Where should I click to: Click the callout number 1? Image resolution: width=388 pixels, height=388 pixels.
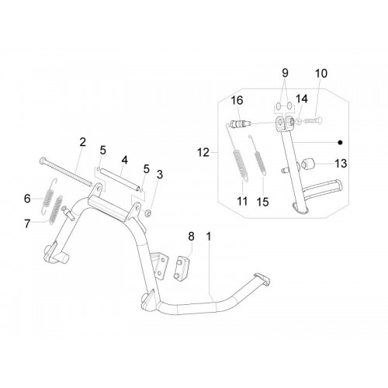click(209, 237)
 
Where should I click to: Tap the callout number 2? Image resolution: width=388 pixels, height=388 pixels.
click(82, 142)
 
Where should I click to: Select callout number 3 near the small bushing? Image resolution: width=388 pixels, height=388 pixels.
click(160, 175)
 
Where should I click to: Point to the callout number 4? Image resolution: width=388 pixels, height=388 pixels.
click(125, 160)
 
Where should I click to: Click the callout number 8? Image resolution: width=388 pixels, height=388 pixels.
click(191, 236)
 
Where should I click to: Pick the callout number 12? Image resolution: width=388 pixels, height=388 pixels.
click(203, 152)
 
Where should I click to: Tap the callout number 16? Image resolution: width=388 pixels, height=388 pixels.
click(237, 100)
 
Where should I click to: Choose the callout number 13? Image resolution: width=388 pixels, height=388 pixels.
click(341, 164)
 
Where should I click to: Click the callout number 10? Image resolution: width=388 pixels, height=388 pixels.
click(321, 74)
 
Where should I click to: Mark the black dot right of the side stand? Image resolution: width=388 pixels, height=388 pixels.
click(341, 142)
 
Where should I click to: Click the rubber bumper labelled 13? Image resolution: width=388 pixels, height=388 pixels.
click(307, 164)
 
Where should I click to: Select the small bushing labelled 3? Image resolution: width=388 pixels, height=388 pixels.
click(148, 214)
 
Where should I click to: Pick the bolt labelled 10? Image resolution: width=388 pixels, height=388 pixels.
click(314, 120)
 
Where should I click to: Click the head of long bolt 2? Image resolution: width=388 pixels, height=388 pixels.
click(42, 161)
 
